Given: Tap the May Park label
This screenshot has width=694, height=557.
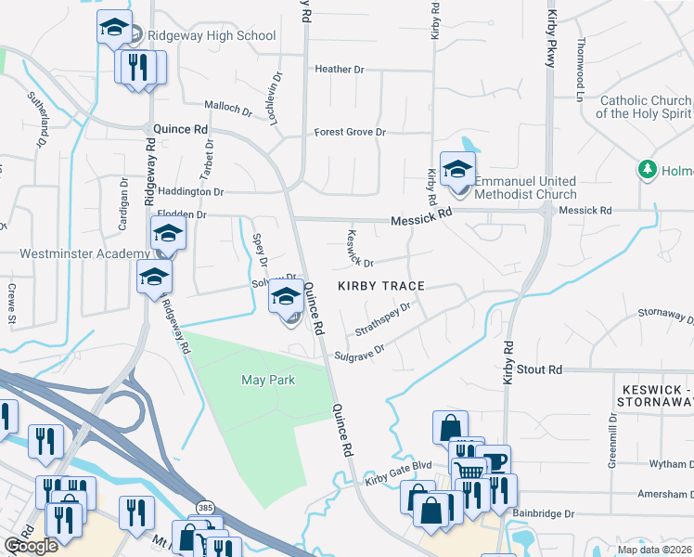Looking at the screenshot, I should (267, 380).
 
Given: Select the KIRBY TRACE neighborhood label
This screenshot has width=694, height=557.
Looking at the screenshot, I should (380, 286).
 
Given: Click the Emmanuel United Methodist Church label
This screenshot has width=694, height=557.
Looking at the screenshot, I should (525, 188).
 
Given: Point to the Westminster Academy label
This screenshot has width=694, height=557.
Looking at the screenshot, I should (84, 253).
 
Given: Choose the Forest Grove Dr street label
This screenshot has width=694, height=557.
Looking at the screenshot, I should (349, 132).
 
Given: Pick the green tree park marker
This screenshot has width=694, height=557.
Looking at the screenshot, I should (648, 170).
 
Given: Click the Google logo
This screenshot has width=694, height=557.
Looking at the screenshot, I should (32, 546).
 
